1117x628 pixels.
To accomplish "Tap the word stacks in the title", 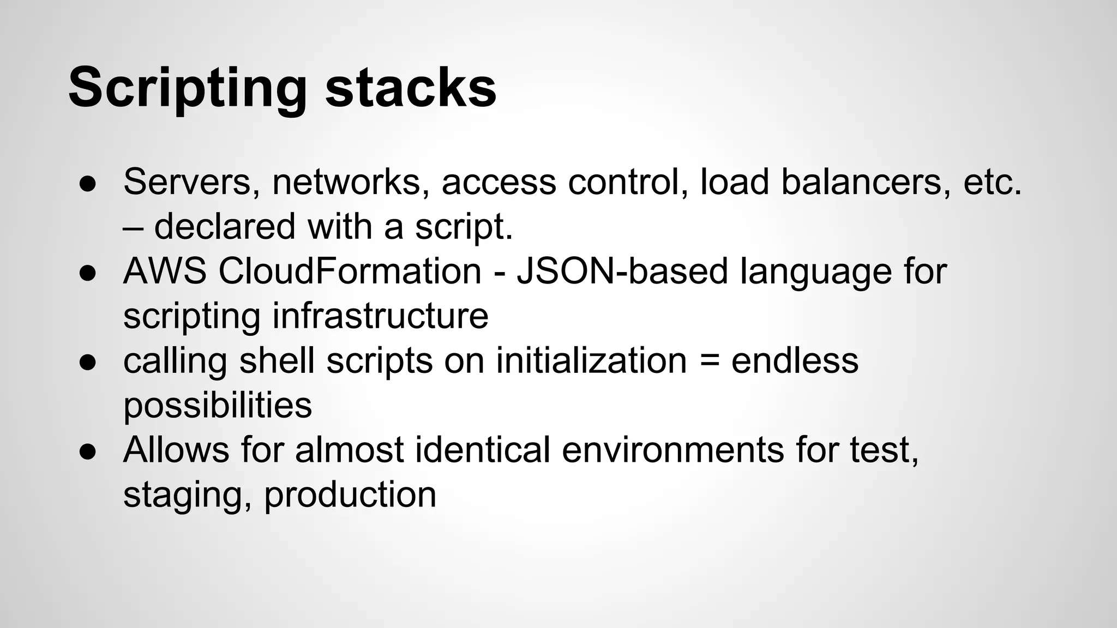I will pos(411,87).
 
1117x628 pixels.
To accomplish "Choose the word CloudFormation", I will pos(350,271).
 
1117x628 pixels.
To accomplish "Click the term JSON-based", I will pos(622,271).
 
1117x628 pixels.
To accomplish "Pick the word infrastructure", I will pos(380,316).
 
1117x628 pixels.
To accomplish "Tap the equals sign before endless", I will pos(708,361).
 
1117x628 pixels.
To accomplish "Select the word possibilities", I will pos(218,406).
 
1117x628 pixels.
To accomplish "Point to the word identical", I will pos(482,450).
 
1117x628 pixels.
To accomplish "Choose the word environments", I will pos(672,450).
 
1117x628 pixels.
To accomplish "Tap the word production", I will pos(350,496).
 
